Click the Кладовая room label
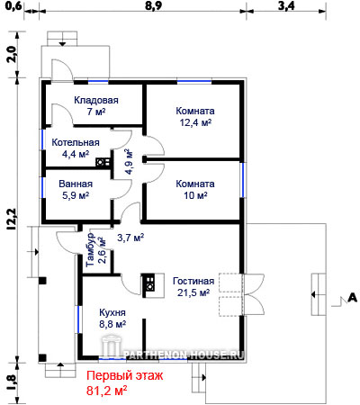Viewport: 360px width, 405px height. pos(96,100)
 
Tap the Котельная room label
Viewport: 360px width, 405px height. pos(76,142)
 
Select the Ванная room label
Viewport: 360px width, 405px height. pos(76,184)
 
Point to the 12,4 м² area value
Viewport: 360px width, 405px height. pos(195,122)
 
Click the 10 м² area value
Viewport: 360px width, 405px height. pos(195,195)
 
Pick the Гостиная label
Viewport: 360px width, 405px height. pos(193,281)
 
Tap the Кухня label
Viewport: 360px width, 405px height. pos(112,312)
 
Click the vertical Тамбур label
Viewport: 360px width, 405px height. pos(90,250)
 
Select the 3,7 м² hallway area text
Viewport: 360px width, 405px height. pos(130,238)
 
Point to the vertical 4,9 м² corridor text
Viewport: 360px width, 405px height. pos(129,161)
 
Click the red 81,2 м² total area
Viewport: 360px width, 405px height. pos(106,391)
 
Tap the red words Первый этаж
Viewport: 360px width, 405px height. pos(125,375)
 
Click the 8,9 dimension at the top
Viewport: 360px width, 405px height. pos(154,6)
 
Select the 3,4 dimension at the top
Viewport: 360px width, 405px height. pos(286,6)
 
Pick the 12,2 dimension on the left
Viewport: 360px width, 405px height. pos(11,219)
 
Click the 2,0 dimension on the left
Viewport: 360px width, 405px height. pos(11,54)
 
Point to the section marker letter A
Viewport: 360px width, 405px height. pos(353,297)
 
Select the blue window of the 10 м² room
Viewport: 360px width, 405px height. pos(242,180)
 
